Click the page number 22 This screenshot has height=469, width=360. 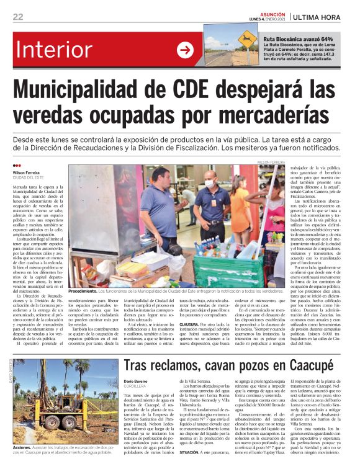pos(17,17)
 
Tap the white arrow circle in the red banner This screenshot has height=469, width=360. pos(185,50)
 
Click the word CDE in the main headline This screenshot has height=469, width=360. pos(202,92)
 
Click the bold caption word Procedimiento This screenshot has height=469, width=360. pos(83,290)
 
